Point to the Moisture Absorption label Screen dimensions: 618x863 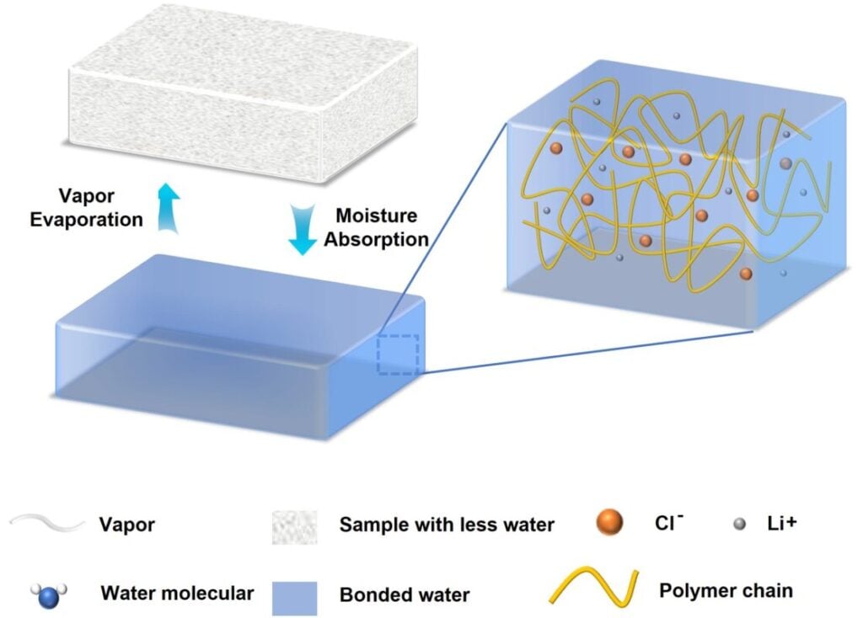[377, 227]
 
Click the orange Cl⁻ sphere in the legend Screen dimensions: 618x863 [608, 523]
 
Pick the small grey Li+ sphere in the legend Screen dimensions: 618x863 [739, 524]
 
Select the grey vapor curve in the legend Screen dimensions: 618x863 [47, 524]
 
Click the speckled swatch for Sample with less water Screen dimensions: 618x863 [295, 525]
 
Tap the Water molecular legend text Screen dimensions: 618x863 [177, 593]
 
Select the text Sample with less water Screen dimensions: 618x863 [447, 525]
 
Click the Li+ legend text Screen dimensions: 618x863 [777, 524]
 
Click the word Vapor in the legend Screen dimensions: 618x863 [127, 525]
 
